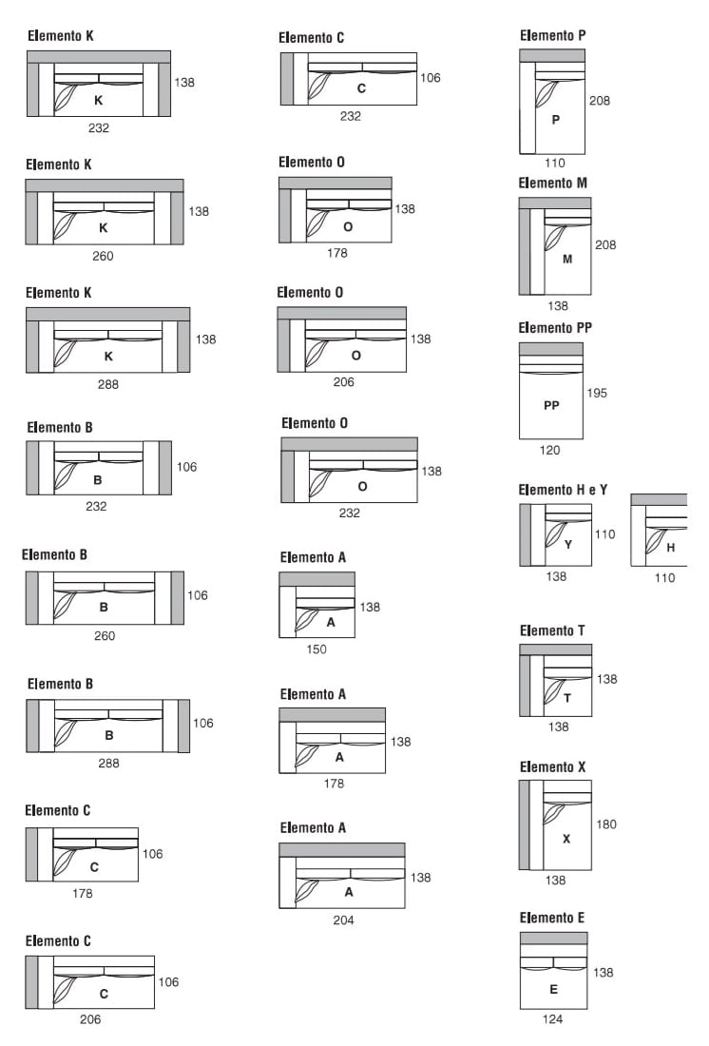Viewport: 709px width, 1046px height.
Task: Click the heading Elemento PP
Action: click(x=555, y=328)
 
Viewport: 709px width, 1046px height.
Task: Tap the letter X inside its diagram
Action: click(x=566, y=839)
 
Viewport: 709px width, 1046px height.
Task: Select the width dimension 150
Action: click(x=316, y=649)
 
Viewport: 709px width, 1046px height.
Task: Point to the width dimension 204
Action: click(x=343, y=920)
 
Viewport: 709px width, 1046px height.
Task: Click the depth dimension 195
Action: click(x=597, y=393)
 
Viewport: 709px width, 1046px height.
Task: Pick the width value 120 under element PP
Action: click(x=550, y=451)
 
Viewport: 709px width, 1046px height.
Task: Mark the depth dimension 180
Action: click(x=605, y=824)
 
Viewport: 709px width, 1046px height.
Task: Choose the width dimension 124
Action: click(x=552, y=1019)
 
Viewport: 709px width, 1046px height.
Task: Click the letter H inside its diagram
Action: click(x=671, y=547)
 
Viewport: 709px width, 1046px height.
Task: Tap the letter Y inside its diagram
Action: click(x=568, y=545)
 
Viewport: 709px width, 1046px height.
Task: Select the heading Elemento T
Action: click(x=552, y=630)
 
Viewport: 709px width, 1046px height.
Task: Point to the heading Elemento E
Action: click(x=552, y=918)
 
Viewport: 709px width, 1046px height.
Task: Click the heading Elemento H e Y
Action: click(x=563, y=490)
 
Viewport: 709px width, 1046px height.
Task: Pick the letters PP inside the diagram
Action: click(x=551, y=405)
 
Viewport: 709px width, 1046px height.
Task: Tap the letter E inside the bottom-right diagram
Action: click(x=553, y=989)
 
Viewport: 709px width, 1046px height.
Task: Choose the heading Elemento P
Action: click(x=553, y=35)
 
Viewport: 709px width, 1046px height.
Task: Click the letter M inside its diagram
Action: click(x=567, y=259)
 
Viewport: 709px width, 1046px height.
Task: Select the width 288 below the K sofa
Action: click(x=108, y=385)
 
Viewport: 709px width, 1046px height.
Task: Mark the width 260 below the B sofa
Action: click(x=105, y=635)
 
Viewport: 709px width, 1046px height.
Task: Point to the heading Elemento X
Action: click(x=553, y=766)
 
